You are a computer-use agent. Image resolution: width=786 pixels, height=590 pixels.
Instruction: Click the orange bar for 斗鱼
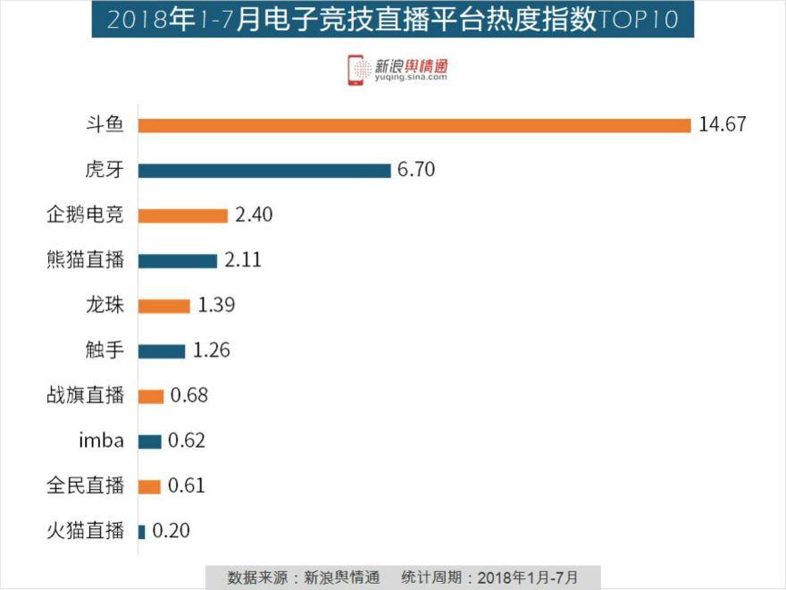coord(414,125)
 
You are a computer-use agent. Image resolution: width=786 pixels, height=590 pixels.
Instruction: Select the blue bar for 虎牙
coord(264,170)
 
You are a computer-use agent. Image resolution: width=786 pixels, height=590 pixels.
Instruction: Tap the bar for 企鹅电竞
coord(183,215)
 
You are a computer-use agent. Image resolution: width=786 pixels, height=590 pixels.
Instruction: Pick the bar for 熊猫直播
coord(178,261)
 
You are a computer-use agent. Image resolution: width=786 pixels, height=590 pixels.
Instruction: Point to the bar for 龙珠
coord(164,306)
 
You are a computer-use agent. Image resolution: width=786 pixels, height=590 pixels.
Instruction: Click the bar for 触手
coord(162,350)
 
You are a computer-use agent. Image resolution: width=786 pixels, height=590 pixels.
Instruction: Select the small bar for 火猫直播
coord(142,532)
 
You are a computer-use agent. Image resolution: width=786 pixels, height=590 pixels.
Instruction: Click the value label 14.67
coord(722,124)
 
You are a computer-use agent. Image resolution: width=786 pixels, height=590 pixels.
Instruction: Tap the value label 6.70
coord(417,170)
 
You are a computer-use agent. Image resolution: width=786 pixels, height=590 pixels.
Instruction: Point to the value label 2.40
coord(254,215)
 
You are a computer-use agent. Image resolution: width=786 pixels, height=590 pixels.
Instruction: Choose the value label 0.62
coord(186,441)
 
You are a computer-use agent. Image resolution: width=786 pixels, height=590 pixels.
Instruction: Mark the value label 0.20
coord(171,532)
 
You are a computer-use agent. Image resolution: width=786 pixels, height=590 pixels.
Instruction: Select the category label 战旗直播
coord(85,395)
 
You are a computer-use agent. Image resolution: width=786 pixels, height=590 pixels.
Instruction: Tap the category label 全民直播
coord(85,486)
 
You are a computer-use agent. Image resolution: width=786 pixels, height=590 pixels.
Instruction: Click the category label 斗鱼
coord(105,124)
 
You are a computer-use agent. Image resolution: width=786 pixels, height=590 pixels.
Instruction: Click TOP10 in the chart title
coord(636,21)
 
